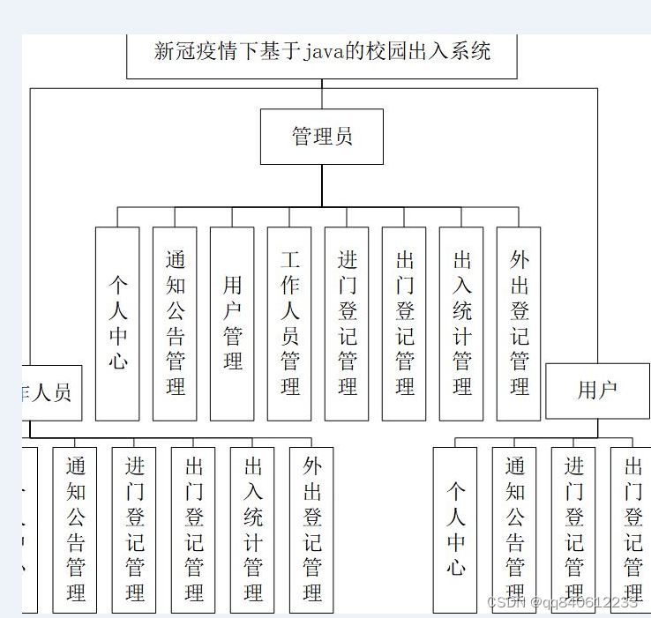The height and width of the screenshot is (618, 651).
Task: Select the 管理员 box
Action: pyautogui.click(x=322, y=137)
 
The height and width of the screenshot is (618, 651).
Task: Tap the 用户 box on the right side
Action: pyautogui.click(x=597, y=390)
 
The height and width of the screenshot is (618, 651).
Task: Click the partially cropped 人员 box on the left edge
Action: pyautogui.click(x=51, y=393)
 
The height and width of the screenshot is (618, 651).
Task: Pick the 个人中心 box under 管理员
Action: pyautogui.click(x=117, y=324)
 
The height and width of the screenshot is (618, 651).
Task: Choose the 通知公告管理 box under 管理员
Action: pyautogui.click(x=175, y=324)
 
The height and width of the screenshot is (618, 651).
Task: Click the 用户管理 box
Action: pyautogui.click(x=232, y=324)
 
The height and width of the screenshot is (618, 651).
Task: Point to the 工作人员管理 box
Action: pyautogui.click(x=289, y=324)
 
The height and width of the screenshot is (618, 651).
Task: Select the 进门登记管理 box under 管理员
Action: pyautogui.click(x=347, y=324)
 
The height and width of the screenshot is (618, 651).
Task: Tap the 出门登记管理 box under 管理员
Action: pyautogui.click(x=404, y=324)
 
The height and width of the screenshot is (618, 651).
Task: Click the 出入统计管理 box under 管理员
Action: pyautogui.click(x=461, y=324)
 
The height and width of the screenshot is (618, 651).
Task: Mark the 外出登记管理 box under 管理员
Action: pyautogui.click(x=519, y=324)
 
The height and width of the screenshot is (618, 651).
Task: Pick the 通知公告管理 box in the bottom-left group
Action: pyautogui.click(x=75, y=529)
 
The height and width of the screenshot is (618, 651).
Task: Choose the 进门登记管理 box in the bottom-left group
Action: pyautogui.click(x=134, y=529)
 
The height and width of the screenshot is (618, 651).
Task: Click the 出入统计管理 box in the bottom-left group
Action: pyautogui.click(x=252, y=529)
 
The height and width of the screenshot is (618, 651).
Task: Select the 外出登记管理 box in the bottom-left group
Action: pyautogui.click(x=311, y=529)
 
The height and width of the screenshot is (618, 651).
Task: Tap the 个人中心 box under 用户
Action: pyautogui.click(x=455, y=529)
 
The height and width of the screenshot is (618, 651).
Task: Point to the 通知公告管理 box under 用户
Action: pyautogui.click(x=514, y=529)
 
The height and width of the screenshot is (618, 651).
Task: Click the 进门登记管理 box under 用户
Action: pyautogui.click(x=573, y=529)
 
